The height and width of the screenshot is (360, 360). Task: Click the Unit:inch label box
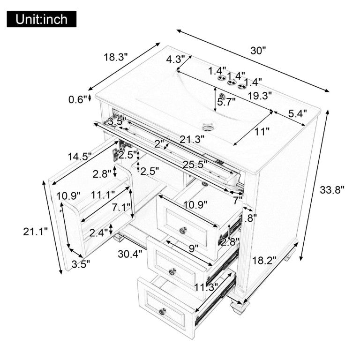[x=42, y=19]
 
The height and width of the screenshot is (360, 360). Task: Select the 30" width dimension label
[x=258, y=51]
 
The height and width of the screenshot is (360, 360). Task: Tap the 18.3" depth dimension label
[x=115, y=57]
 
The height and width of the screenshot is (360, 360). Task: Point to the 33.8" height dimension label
[x=332, y=190]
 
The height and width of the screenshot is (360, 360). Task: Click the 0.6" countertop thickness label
[x=78, y=99]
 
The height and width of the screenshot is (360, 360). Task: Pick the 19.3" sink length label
[x=260, y=96]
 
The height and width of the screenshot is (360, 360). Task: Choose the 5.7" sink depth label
[x=226, y=102]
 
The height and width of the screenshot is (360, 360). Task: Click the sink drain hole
[x=208, y=126]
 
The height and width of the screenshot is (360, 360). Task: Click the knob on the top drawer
[x=183, y=230]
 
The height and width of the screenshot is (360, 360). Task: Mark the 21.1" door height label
[x=35, y=232]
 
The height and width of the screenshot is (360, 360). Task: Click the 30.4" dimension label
[x=130, y=254]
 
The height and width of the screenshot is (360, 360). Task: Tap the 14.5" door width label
[x=80, y=157]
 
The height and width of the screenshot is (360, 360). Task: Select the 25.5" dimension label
[x=195, y=165]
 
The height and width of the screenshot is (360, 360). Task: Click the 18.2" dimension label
[x=264, y=261]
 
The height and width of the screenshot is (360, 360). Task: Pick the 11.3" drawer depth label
[x=206, y=287]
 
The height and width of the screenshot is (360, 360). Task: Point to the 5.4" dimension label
[x=298, y=113]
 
